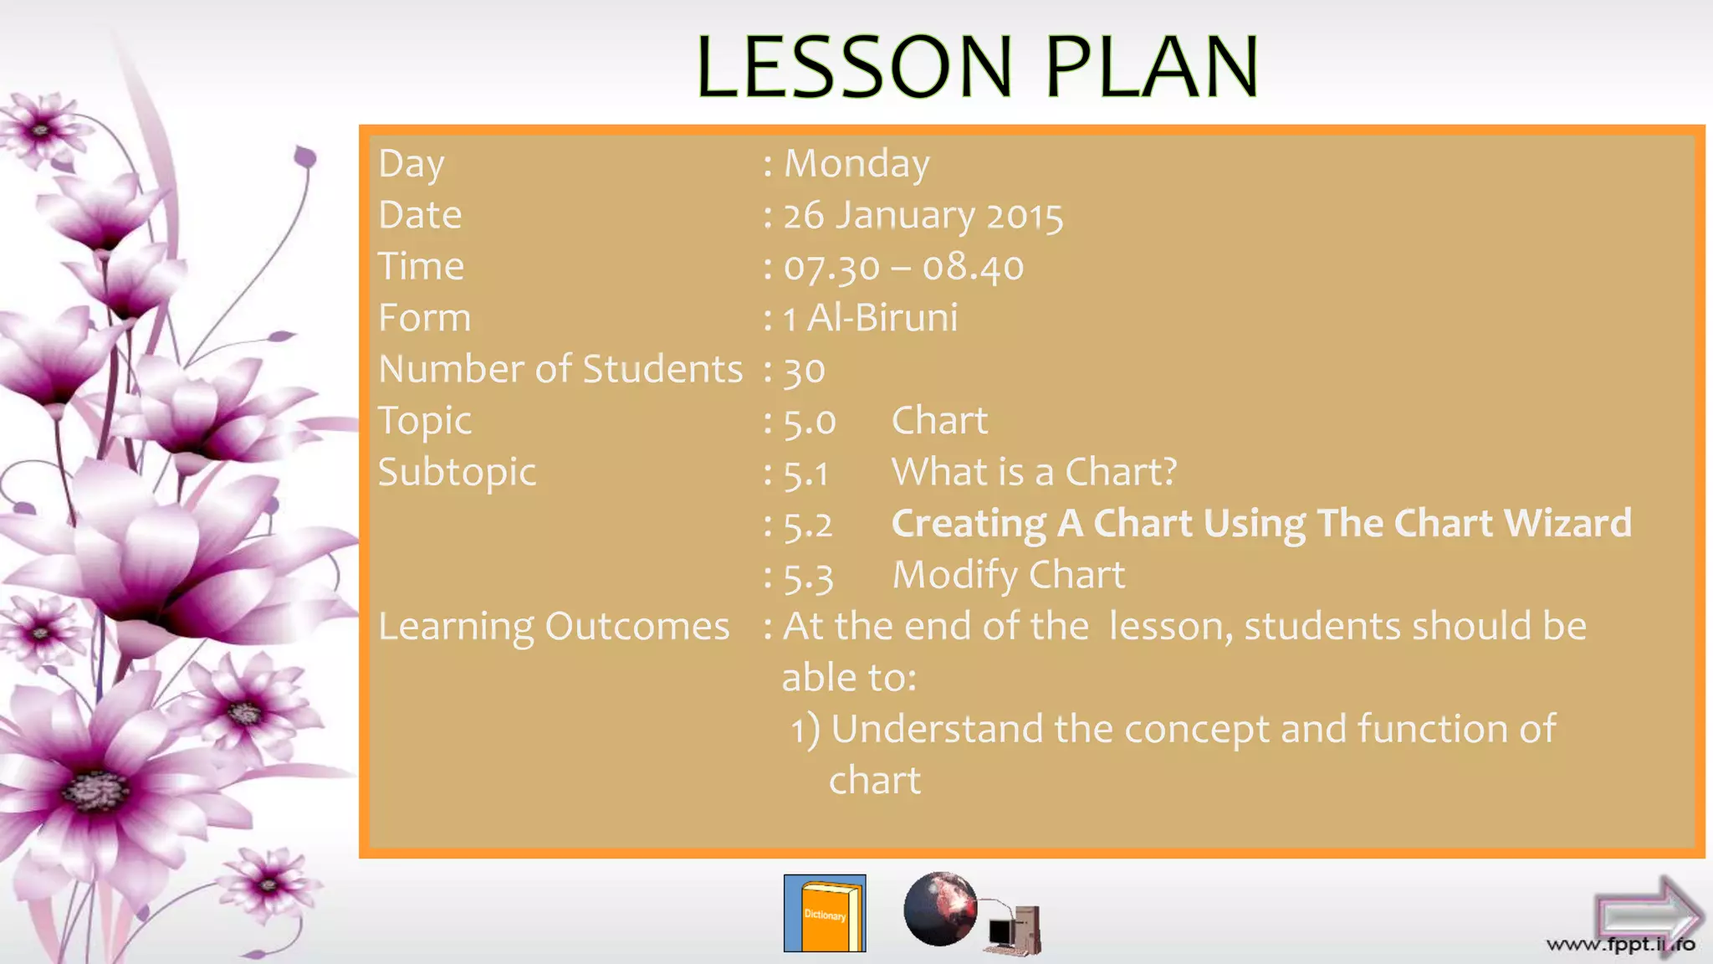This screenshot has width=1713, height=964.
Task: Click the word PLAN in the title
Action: tap(1152, 67)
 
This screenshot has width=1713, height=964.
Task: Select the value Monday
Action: tap(856, 163)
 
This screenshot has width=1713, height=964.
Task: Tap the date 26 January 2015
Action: tap(923, 215)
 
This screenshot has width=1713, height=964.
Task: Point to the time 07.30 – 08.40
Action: tap(903, 267)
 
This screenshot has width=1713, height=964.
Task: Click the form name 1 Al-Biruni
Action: tap(871, 318)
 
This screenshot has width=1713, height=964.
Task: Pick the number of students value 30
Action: tap(804, 370)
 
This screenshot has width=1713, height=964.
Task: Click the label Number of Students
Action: tap(560, 369)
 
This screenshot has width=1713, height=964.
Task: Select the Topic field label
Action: tap(425, 421)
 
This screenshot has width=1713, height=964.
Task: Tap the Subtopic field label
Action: tap(457, 473)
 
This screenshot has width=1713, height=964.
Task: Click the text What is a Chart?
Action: tap(1034, 472)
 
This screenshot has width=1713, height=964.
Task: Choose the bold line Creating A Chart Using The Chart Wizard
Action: tap(1261, 524)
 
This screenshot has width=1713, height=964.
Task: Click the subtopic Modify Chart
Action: tap(1008, 575)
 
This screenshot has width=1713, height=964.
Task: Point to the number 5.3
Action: tap(808, 577)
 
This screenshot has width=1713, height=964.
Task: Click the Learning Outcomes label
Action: tap(554, 627)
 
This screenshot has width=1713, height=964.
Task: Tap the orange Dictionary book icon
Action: tap(825, 914)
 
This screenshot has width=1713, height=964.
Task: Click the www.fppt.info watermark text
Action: tap(1620, 945)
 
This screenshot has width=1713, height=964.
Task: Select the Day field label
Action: tap(412, 164)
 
